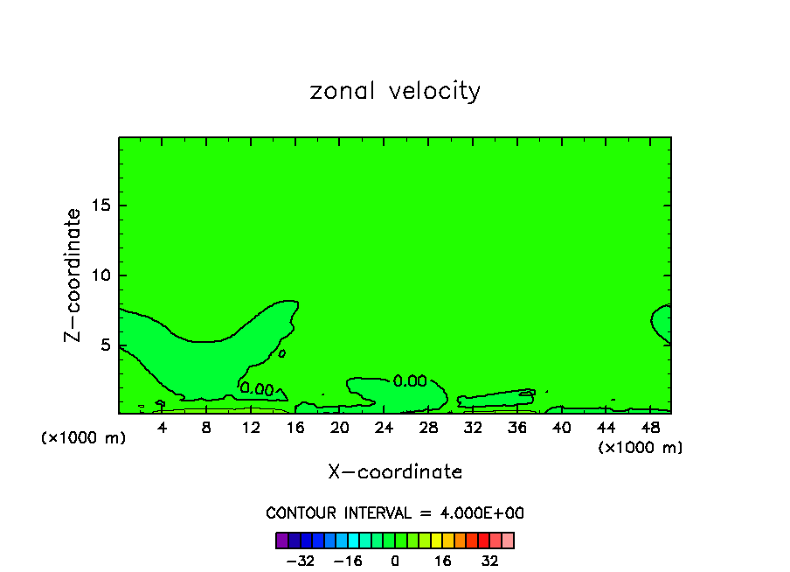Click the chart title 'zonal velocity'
[395, 91]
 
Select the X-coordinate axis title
[395, 472]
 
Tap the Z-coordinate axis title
[73, 275]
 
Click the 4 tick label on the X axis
[163, 428]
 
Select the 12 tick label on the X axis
[251, 428]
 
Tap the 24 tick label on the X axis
[384, 428]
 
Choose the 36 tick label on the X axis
[516, 428]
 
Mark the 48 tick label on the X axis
[649, 428]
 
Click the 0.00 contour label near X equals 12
[257, 388]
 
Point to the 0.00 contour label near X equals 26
[409, 381]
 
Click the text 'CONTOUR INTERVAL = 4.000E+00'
[395, 513]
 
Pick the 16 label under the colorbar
[443, 560]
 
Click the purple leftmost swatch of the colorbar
[281, 540]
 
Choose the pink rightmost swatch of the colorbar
[508, 540]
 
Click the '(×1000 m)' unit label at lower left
[84, 438]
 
